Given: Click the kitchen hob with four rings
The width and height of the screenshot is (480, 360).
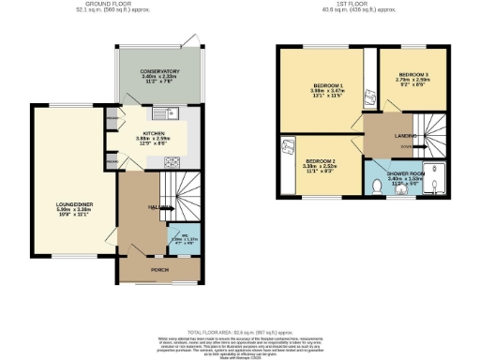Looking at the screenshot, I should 173,161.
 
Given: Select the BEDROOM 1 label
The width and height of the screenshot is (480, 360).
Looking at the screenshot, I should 327,86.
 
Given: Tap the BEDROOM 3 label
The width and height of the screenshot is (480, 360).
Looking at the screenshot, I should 412,73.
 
